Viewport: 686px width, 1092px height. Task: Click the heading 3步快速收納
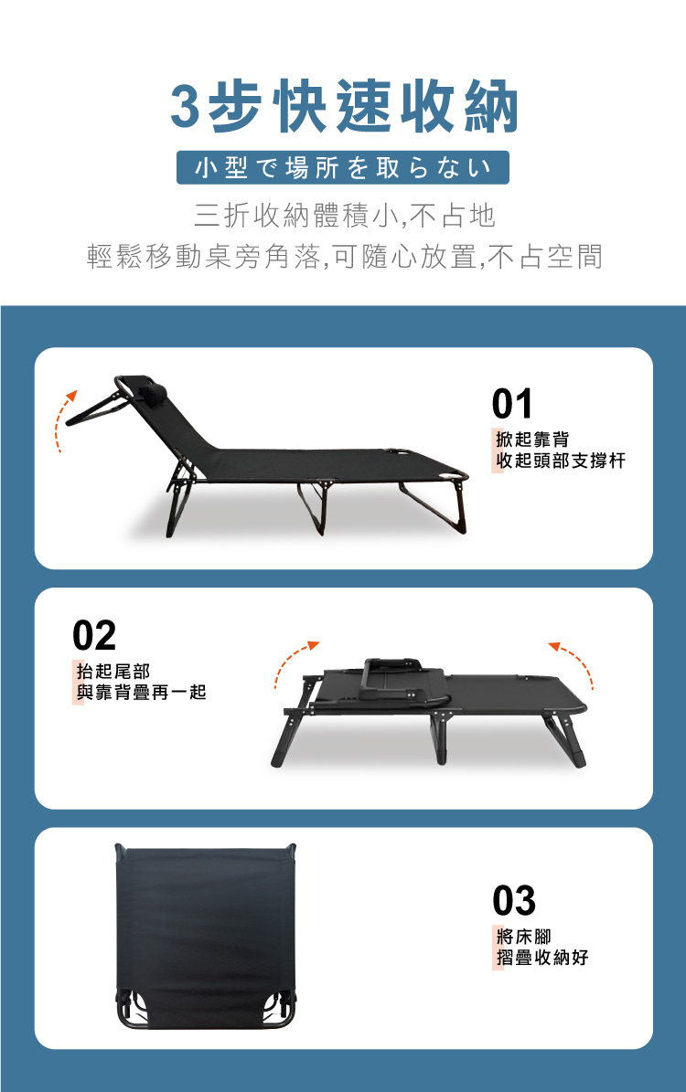point(344,106)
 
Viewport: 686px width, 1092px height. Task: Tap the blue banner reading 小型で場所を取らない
point(343,167)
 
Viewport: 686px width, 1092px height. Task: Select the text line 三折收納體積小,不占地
point(345,215)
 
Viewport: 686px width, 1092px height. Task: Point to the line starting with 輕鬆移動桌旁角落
point(345,256)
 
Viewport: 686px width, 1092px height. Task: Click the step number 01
point(512,403)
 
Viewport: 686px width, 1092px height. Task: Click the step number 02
point(94,635)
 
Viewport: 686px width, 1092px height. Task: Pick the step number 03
point(514,900)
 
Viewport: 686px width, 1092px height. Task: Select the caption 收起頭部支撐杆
point(561,461)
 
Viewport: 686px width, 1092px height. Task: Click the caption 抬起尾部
point(113,671)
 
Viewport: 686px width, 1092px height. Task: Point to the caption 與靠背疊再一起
point(142,692)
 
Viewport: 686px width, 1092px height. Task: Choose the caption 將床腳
point(523,936)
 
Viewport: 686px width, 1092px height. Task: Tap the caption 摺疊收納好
point(542,957)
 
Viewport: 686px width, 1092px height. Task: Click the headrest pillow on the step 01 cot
point(153,393)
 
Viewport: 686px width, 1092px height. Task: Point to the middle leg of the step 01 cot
point(313,506)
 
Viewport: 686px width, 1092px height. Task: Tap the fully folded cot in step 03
point(206,936)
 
